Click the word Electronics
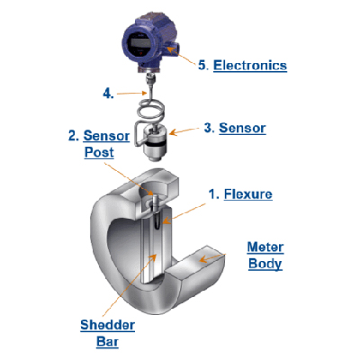(x=250, y=66)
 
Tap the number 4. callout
(x=108, y=94)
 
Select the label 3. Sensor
(x=235, y=128)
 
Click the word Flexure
(x=248, y=194)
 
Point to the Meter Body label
(x=265, y=256)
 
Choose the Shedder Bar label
(x=108, y=333)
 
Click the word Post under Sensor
(x=99, y=152)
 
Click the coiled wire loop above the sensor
(x=151, y=110)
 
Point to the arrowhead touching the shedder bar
(x=153, y=257)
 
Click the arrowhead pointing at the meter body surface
(x=204, y=258)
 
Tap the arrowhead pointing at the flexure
(x=166, y=221)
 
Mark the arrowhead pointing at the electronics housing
(x=170, y=49)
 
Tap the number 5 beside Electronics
(x=202, y=65)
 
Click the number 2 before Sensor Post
(x=72, y=136)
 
